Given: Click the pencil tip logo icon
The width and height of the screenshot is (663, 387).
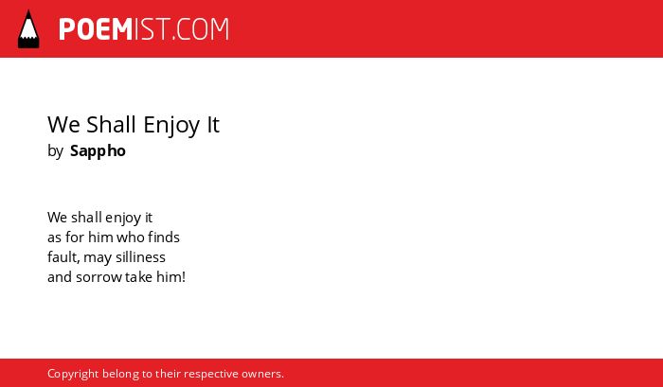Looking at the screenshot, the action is tap(28, 29).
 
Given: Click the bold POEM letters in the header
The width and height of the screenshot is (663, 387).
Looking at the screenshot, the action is tap(96, 29).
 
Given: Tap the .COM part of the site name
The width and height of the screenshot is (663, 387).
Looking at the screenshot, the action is tap(201, 29).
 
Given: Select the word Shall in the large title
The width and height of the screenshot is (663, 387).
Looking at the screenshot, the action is tap(112, 124).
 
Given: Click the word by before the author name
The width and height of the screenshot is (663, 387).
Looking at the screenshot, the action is tap(55, 151).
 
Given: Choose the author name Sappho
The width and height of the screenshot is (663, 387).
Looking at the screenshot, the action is tap(98, 151).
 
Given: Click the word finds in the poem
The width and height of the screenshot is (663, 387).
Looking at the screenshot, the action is tap(164, 237).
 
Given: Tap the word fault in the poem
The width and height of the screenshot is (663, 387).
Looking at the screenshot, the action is tap(63, 257).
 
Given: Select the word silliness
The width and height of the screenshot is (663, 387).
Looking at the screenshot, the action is tap(140, 257).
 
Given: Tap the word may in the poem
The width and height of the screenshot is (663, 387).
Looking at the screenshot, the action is tap(98, 258).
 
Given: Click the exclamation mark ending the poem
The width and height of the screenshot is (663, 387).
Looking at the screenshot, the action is tap(184, 277).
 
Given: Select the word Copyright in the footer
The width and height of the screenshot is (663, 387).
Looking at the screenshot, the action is tap(73, 375).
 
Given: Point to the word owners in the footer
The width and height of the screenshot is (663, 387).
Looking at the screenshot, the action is tap(262, 374).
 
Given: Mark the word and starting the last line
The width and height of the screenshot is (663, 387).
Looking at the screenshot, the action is tap(60, 277).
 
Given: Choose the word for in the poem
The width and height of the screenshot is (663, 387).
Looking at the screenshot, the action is tap(75, 237).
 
